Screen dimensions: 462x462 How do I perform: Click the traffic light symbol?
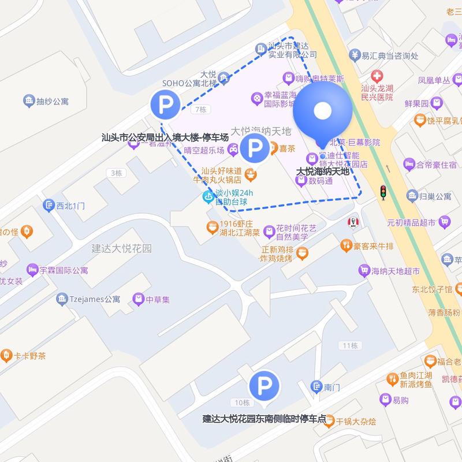click(x=382, y=192)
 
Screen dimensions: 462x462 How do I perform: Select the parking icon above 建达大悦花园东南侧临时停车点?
click(x=264, y=385)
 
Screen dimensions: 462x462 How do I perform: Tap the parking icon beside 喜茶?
click(x=255, y=149)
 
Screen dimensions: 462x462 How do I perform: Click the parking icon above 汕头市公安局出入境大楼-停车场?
click(x=165, y=105)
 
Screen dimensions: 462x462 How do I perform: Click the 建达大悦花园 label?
click(x=121, y=249)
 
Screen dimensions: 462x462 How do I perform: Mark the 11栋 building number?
click(x=350, y=345)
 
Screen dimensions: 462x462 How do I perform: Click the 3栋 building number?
click(x=117, y=173)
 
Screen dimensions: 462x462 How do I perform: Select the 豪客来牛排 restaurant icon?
click(x=346, y=247)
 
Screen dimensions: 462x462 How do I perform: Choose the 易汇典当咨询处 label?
click(x=381, y=55)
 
